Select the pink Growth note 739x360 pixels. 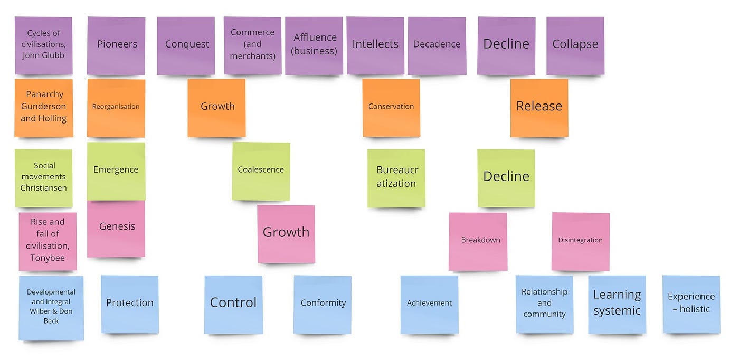tap(286, 234)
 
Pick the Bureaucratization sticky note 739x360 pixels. tap(396, 178)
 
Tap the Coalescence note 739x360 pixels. tap(261, 171)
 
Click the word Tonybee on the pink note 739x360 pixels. tap(48, 258)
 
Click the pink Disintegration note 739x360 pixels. tap(580, 241)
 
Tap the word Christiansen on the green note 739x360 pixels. tap(44, 188)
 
